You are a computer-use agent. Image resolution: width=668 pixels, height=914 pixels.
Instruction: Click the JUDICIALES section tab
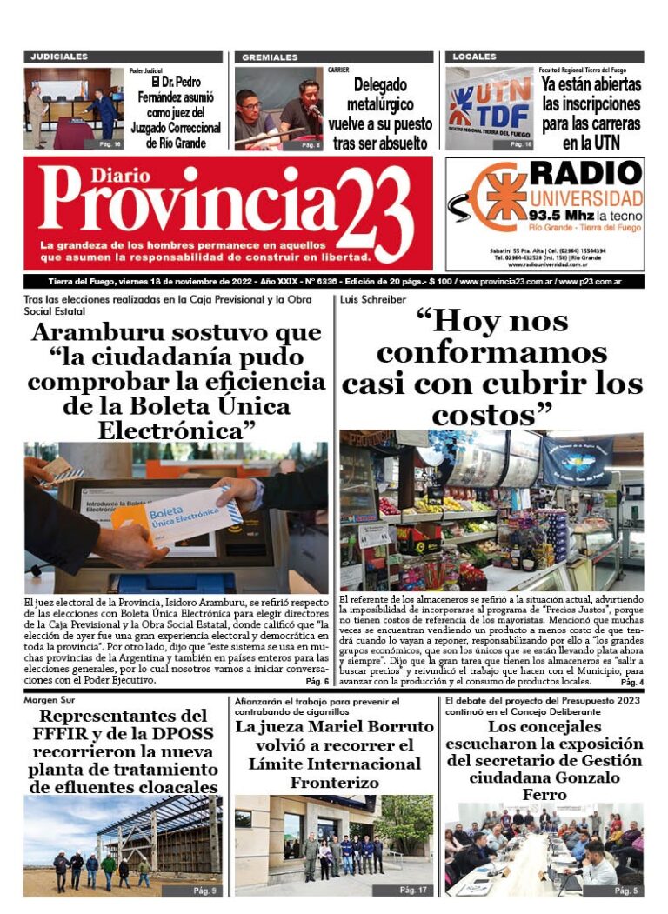tap(59, 57)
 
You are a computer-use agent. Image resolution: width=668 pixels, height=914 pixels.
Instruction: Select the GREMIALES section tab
tap(270, 57)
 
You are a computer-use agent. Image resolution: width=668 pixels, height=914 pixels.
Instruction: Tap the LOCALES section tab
tap(475, 57)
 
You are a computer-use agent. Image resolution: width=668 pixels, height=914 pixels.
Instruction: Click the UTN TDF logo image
tap(489, 108)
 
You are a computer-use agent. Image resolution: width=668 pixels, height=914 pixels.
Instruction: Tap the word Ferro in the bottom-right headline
tap(544, 795)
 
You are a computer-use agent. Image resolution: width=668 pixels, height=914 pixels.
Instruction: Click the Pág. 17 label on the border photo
tap(414, 890)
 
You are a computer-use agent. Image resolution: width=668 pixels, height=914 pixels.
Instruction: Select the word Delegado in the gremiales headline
tap(380, 85)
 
